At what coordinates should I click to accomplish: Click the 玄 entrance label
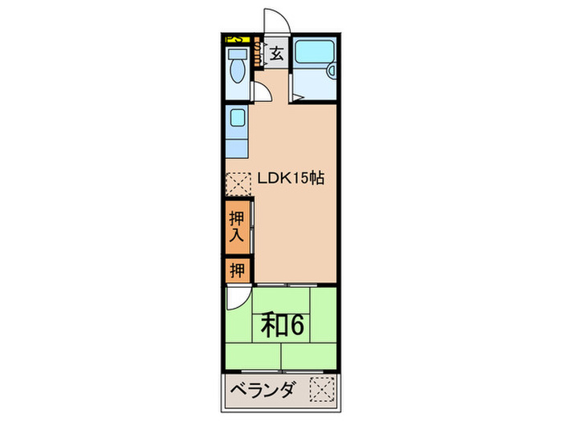(275, 55)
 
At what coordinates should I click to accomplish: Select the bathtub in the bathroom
(312, 53)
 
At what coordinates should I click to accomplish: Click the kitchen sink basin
(238, 119)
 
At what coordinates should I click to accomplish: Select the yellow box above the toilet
(237, 38)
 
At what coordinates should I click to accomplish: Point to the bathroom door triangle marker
(296, 97)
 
